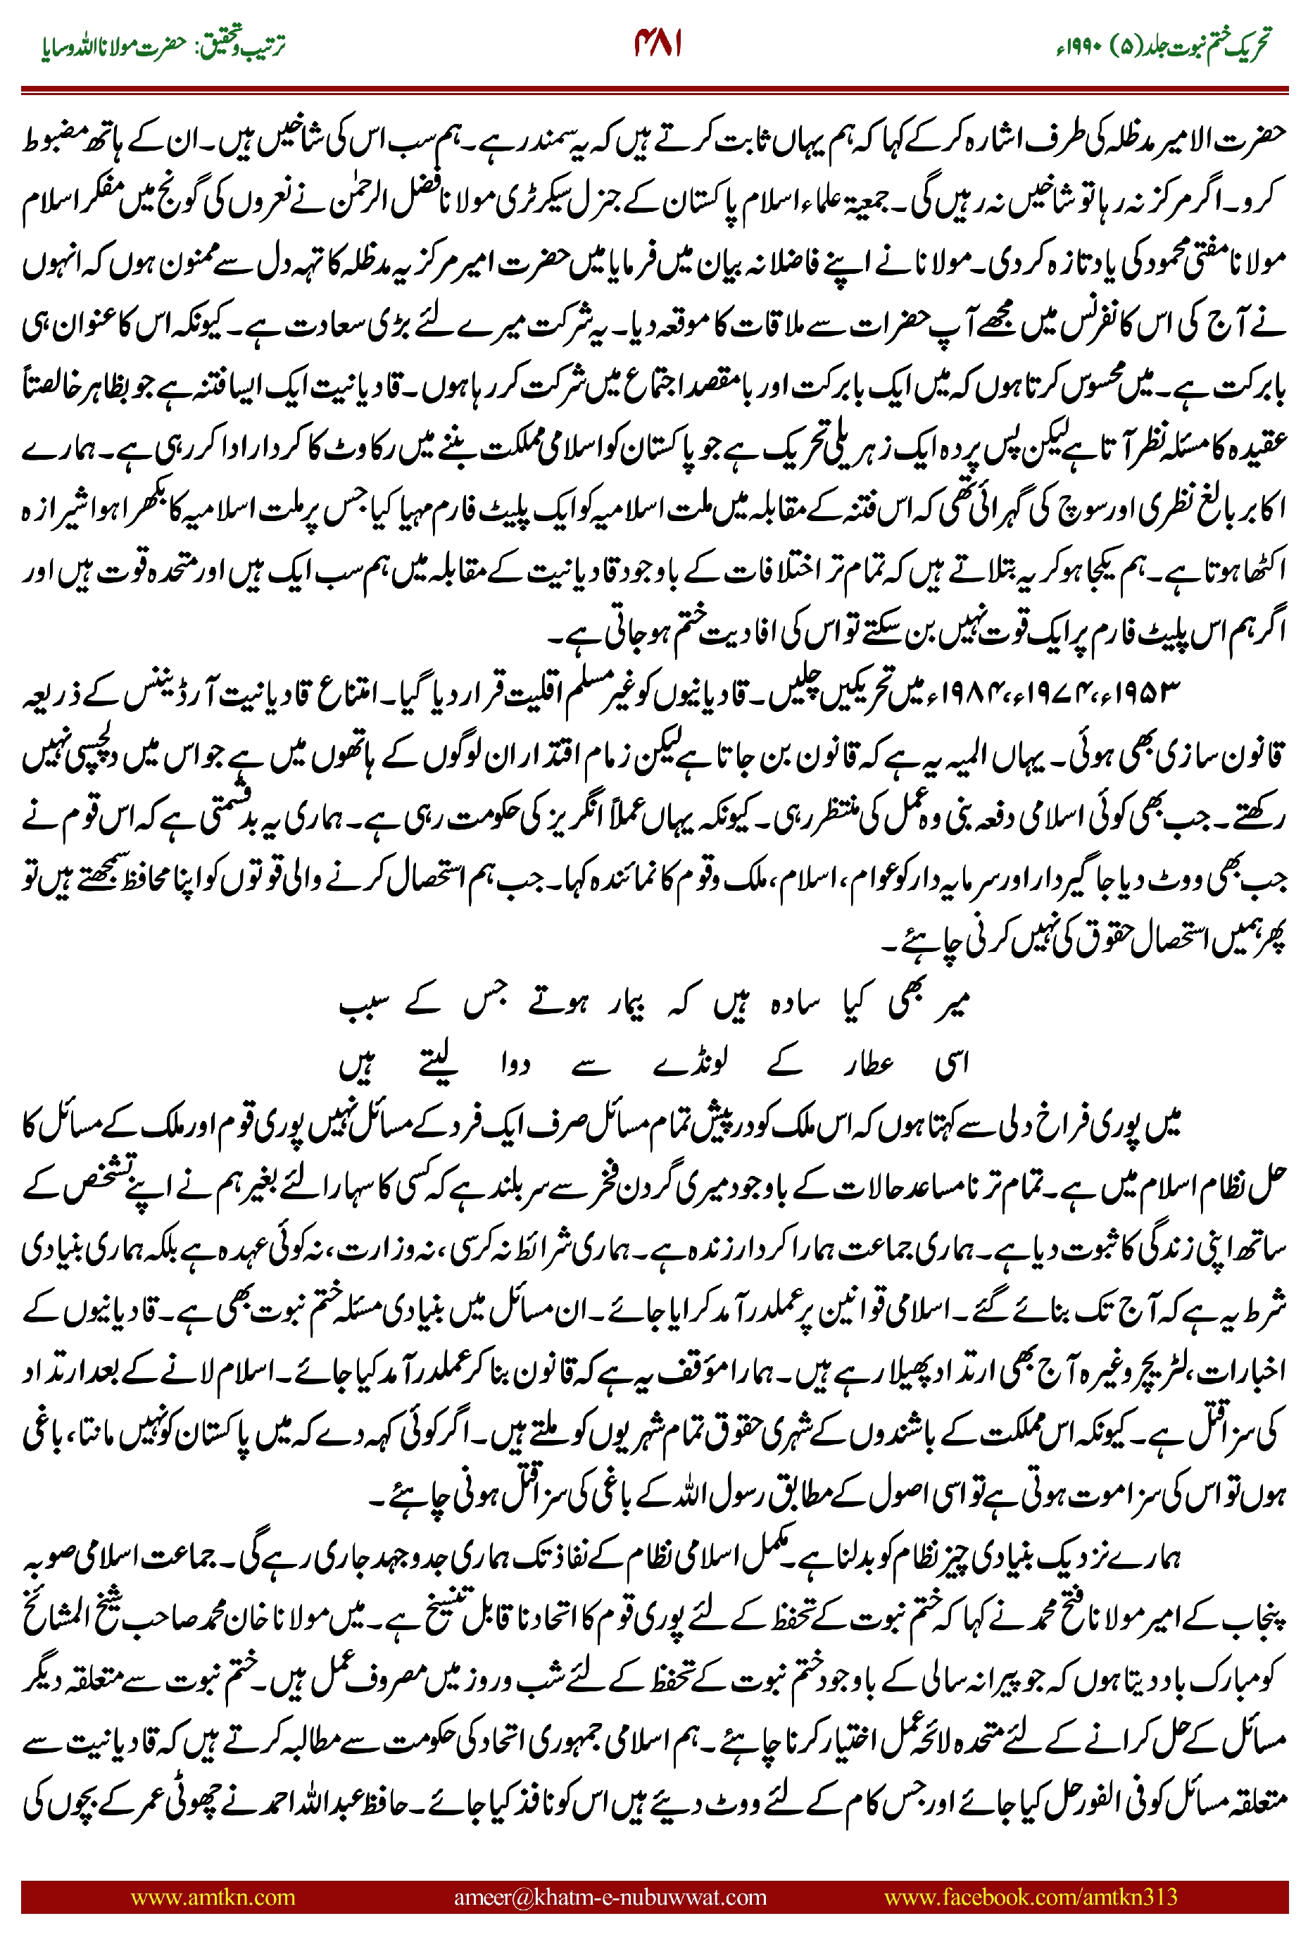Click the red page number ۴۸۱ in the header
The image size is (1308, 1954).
click(x=658, y=44)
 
